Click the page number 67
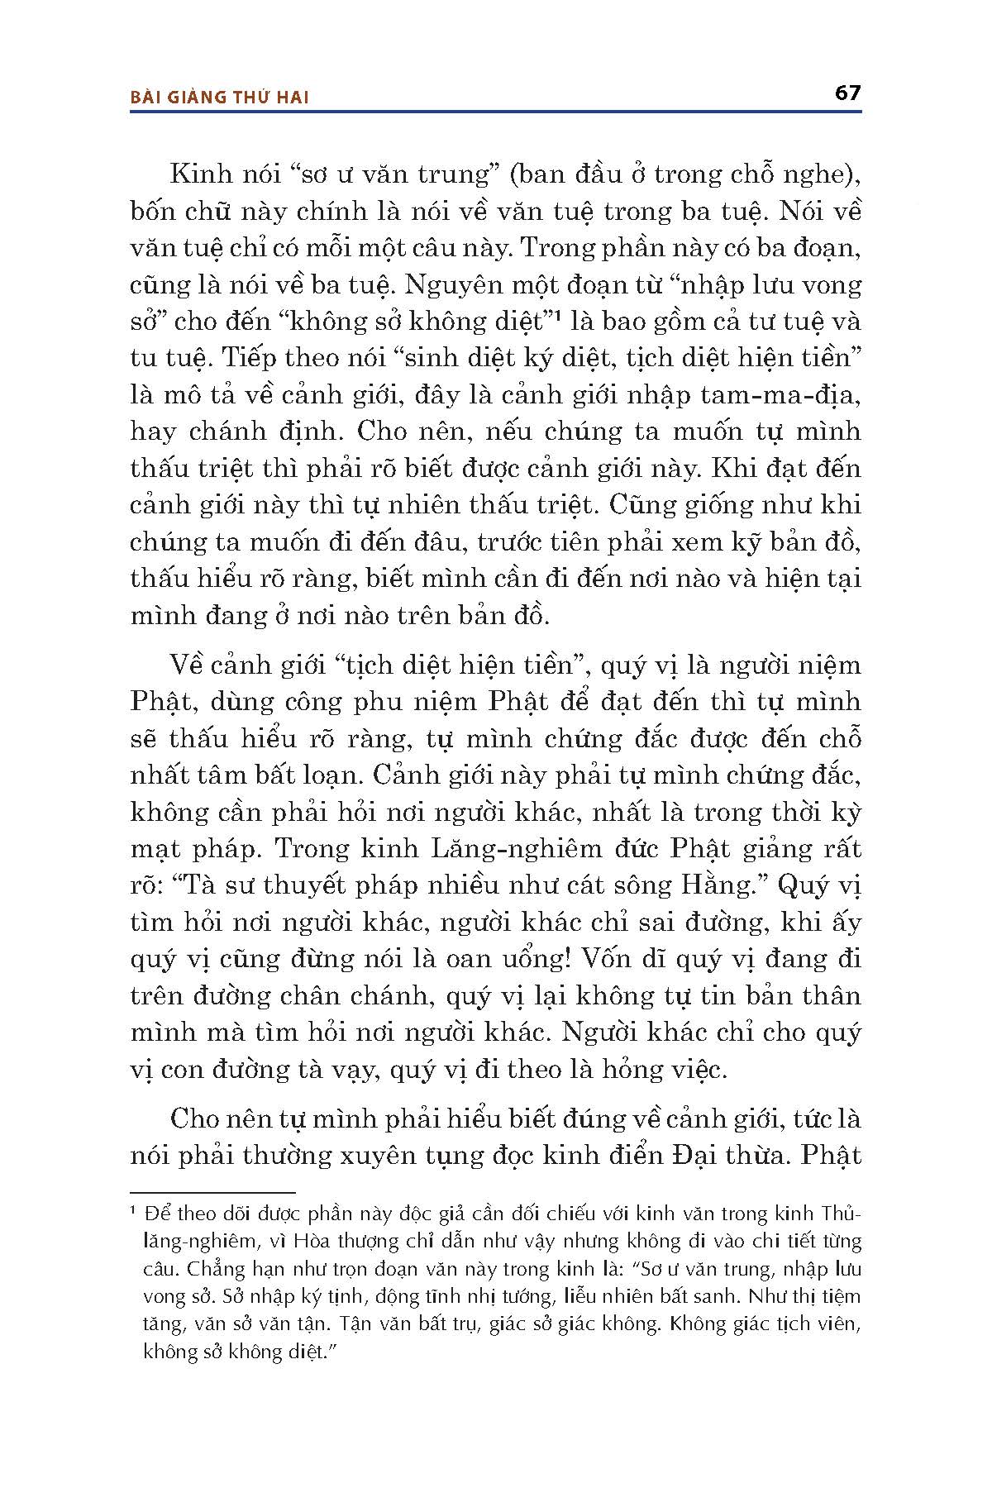847,92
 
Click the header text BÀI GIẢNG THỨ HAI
220,98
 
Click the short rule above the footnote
212,1193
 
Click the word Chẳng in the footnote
171,1269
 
